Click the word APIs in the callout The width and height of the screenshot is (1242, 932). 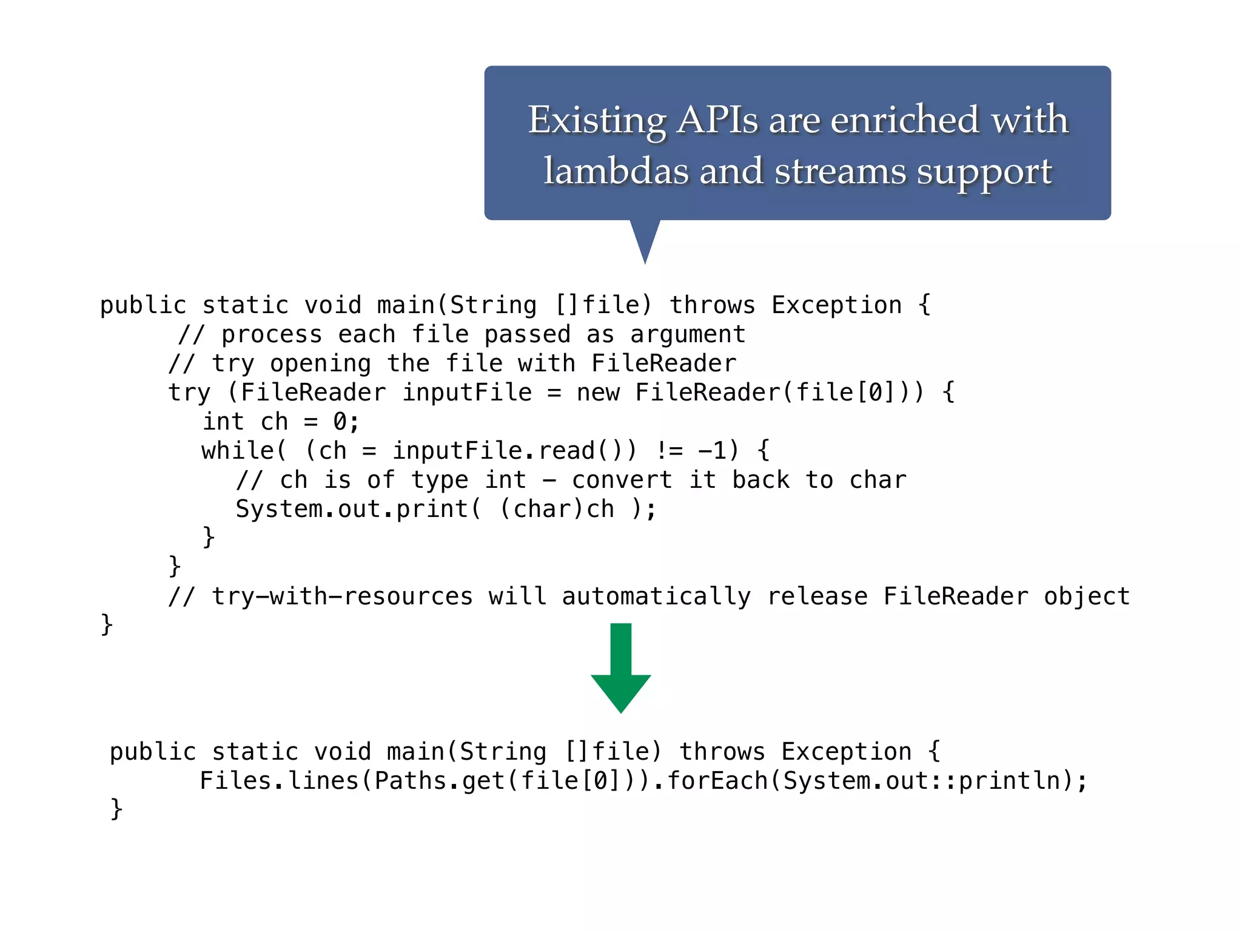coord(717,120)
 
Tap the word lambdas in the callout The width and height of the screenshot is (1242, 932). coord(615,171)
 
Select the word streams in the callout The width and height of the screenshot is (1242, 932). coord(840,171)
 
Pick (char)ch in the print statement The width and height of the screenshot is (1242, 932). coord(557,509)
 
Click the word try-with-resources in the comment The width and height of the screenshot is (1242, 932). coord(341,596)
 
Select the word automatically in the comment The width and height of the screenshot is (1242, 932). coord(656,596)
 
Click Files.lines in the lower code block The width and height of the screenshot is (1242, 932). coord(279,781)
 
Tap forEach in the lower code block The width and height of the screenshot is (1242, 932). coord(717,781)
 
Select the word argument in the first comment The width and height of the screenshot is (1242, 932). coord(688,334)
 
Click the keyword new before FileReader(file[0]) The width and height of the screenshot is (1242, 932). coord(598,393)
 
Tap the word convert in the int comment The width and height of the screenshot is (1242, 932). coord(622,480)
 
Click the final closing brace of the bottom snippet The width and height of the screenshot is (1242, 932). coord(116,809)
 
